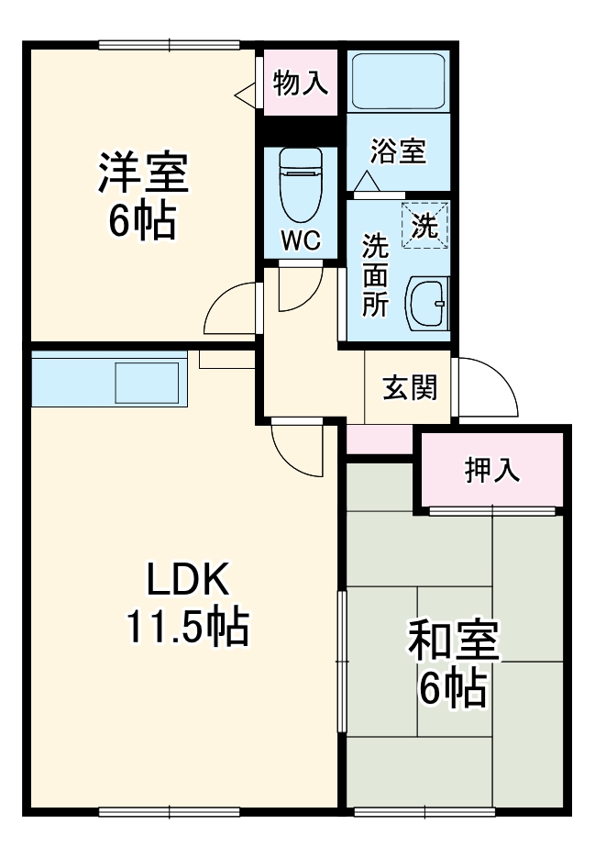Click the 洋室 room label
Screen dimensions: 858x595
[x=143, y=173]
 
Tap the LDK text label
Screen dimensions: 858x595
[x=187, y=579]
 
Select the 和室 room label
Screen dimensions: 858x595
[x=453, y=641]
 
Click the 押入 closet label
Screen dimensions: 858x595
[x=492, y=471]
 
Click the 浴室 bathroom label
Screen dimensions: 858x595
[x=399, y=151]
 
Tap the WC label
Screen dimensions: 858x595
[x=300, y=241]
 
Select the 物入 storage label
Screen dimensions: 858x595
[x=300, y=84]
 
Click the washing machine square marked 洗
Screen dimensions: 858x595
[x=424, y=225]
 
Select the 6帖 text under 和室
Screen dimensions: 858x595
[x=453, y=690]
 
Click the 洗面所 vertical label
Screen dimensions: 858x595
[x=374, y=274]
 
